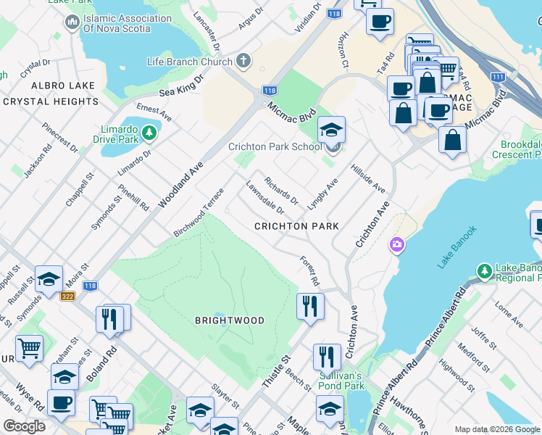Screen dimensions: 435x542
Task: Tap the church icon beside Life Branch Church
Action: pos(243,62)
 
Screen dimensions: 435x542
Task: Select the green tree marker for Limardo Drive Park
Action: pos(149,133)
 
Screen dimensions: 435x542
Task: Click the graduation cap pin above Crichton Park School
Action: pos(332,130)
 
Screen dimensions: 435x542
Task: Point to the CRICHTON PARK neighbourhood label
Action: pos(297,226)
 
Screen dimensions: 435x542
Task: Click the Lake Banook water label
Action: pos(458,248)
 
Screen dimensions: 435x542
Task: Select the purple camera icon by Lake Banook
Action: pos(396,245)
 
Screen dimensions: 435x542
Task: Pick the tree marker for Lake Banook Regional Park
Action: pos(484,272)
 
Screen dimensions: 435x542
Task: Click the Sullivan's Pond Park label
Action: pos(341,381)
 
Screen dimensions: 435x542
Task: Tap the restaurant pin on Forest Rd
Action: pos(309,305)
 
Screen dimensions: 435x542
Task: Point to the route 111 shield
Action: pos(498,77)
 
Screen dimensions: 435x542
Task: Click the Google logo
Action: pos(25,426)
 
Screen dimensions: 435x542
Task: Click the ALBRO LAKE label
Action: pos(49,86)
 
